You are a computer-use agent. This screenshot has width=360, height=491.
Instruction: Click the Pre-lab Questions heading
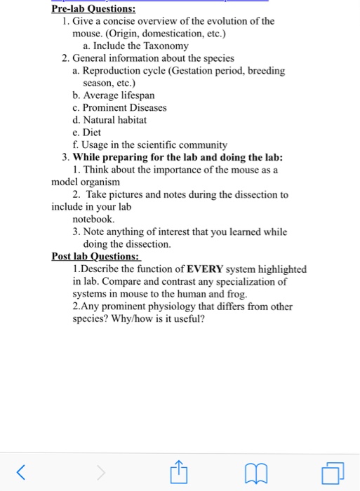[x=93, y=9]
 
